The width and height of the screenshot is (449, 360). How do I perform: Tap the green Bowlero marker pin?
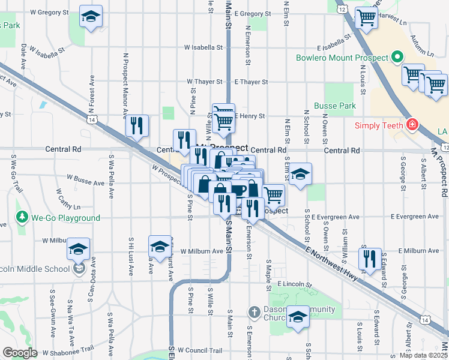click(396, 58)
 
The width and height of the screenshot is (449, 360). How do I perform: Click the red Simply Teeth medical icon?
click(412, 125)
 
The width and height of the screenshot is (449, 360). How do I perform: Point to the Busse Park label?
click(339, 106)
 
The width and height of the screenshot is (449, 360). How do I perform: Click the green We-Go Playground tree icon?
click(23, 217)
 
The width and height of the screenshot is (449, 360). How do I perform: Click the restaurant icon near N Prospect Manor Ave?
click(137, 125)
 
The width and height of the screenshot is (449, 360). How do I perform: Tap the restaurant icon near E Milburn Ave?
click(369, 258)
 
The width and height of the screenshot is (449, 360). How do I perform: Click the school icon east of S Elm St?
click(300, 175)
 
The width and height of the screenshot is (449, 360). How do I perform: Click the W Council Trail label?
click(200, 350)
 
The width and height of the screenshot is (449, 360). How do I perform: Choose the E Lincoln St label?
click(295, 284)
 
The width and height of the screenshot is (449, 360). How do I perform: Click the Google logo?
click(19, 353)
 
